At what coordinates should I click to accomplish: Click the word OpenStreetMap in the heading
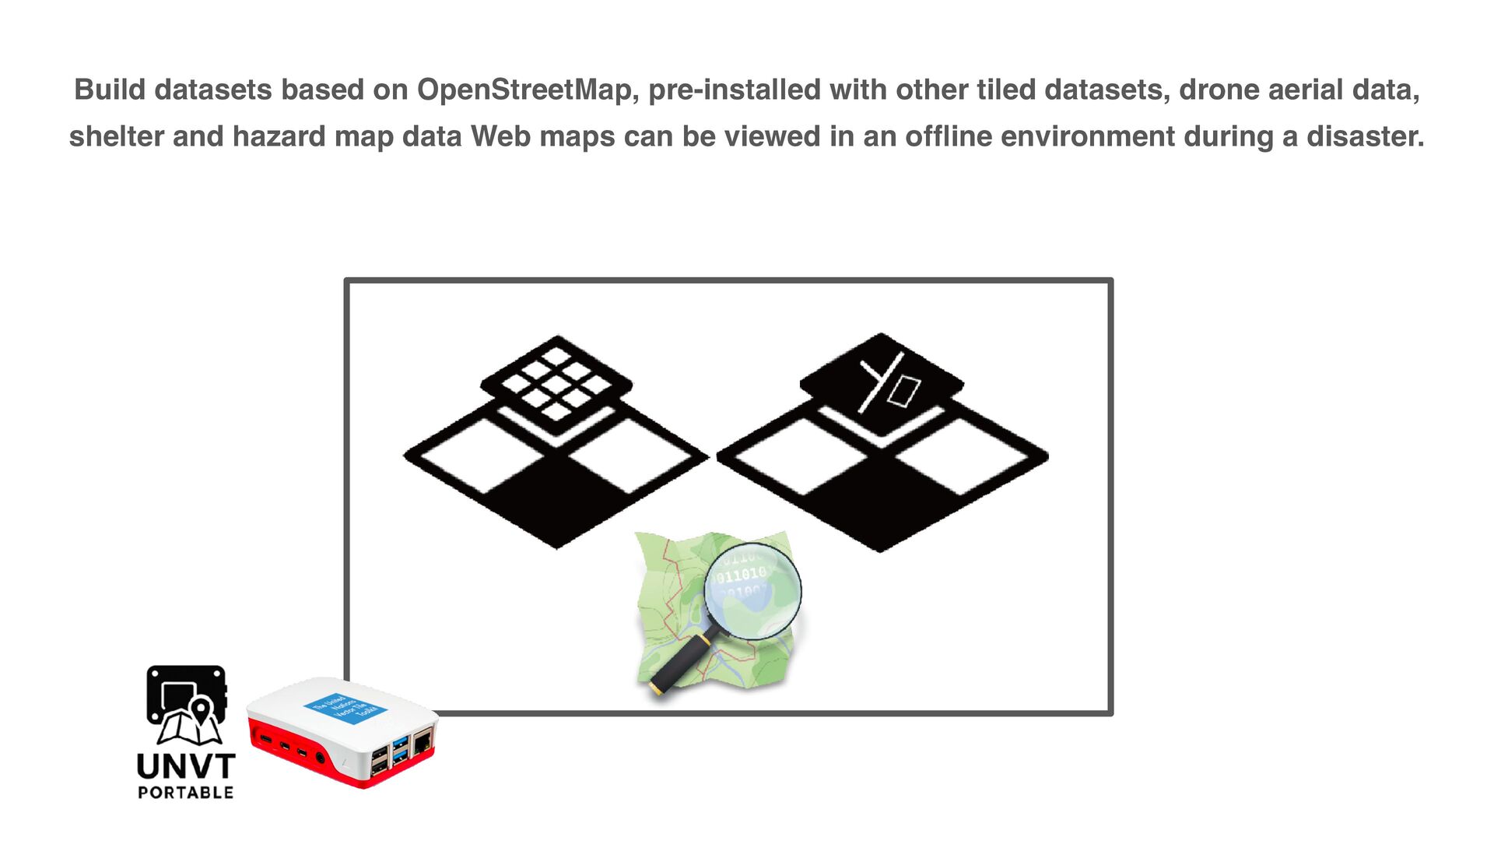point(528,90)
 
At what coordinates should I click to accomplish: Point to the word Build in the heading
point(110,90)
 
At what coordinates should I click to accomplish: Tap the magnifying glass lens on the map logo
point(752,591)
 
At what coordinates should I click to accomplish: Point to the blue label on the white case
point(345,709)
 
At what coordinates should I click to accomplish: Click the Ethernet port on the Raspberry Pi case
point(423,743)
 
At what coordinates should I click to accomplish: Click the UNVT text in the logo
point(186,767)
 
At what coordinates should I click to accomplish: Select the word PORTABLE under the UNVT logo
point(186,793)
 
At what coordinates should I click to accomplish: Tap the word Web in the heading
point(499,137)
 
